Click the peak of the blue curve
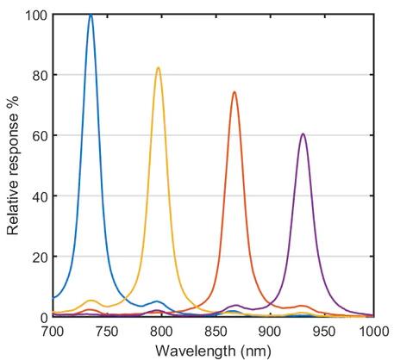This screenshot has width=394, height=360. (91, 15)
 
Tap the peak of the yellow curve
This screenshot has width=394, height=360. (158, 68)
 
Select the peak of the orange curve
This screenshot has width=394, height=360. (235, 92)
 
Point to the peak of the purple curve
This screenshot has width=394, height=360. (303, 134)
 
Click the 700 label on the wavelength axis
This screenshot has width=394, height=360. (53, 332)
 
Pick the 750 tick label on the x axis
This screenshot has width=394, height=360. (107, 332)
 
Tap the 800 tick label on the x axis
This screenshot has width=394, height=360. (161, 332)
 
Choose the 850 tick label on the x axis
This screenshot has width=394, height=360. (216, 332)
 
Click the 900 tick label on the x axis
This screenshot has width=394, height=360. (270, 332)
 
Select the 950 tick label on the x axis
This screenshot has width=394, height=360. (324, 332)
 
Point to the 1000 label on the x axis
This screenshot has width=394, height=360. (376, 332)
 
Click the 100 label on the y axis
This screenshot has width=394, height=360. (36, 15)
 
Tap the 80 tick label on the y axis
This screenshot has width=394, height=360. (40, 75)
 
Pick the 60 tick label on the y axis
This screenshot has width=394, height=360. (40, 135)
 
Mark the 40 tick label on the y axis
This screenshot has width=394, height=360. (40, 196)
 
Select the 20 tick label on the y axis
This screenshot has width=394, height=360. (40, 257)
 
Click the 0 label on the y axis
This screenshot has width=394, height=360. (44, 317)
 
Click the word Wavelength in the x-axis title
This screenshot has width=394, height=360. (195, 351)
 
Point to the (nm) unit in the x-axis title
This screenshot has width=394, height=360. (256, 351)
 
